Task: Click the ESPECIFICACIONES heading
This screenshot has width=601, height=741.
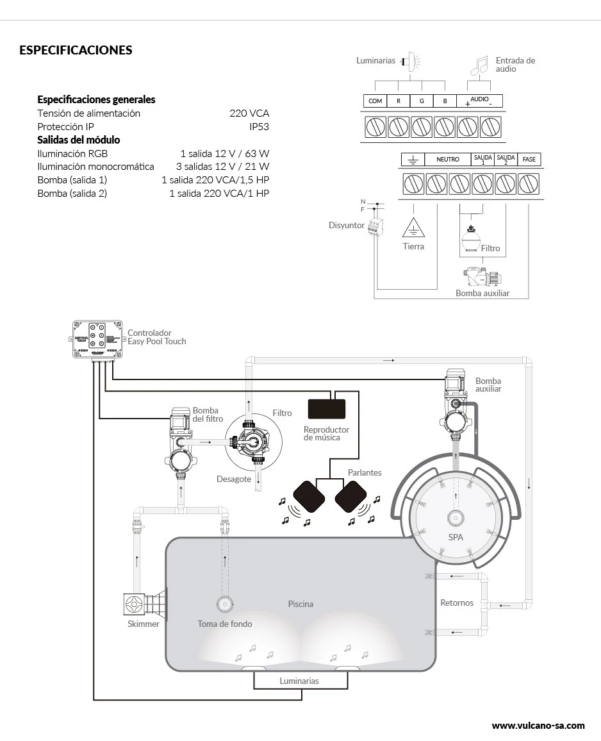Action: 76,50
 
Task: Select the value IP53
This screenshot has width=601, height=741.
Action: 259,127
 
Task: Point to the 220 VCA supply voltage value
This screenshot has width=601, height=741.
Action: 249,113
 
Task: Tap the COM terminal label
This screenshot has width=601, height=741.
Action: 375,101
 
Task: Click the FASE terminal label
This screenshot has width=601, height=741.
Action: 529,159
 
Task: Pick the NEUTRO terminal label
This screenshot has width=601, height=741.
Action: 448,159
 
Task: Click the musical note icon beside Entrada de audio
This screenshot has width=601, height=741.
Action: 480,65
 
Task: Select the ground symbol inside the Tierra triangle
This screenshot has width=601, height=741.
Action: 413,229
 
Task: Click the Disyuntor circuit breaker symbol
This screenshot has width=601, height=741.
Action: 375,226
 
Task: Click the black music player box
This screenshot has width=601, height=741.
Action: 326,409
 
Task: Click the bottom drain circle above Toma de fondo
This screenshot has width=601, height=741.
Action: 225,604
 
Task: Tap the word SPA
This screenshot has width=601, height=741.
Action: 456,537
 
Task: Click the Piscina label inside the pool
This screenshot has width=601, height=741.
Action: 300,604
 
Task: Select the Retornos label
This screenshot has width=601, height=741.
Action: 457,603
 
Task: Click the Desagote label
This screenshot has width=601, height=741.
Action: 234,479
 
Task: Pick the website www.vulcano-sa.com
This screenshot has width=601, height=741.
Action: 538,726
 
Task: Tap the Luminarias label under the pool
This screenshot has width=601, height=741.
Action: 299,681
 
